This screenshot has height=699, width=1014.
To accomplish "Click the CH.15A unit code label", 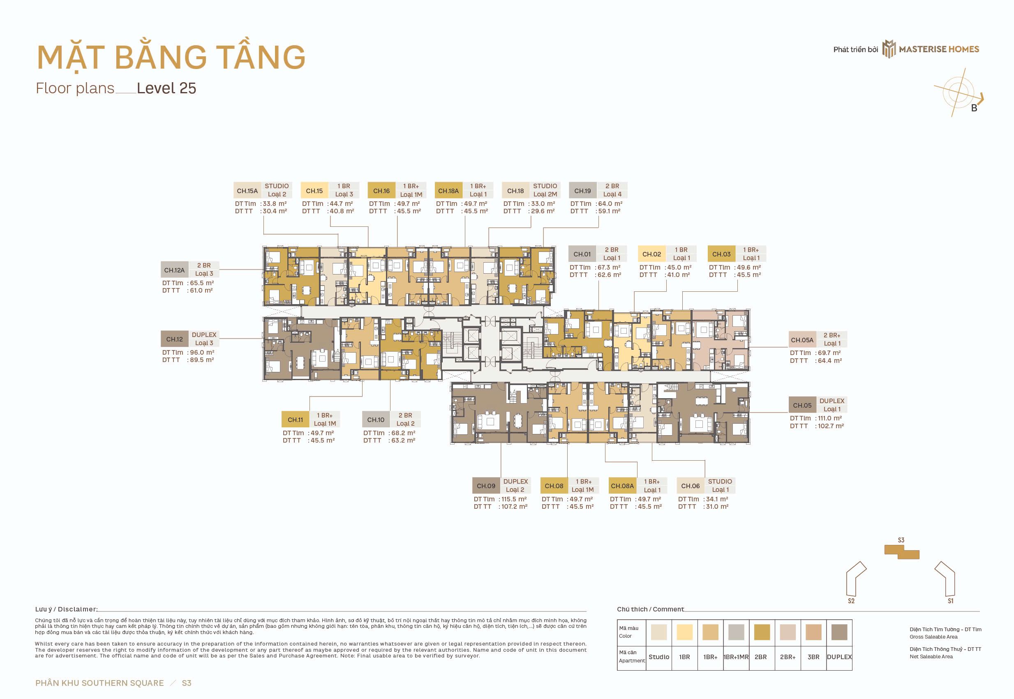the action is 247,191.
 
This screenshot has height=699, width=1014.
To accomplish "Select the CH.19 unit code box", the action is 582,191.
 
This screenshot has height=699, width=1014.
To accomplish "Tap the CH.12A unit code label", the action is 174,270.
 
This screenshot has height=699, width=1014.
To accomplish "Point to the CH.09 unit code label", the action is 486,486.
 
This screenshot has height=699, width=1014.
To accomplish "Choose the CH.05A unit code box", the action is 802,340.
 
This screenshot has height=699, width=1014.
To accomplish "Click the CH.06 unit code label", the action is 690,486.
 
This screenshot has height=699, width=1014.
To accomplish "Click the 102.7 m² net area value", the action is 830,426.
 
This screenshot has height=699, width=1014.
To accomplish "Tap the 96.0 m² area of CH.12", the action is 202,352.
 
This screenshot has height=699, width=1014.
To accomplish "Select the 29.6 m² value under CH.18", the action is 543,211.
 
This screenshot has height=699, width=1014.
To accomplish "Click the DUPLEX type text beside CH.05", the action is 832,401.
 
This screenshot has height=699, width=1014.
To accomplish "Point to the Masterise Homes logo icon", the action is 889,49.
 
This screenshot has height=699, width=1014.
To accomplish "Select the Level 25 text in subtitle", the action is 166,88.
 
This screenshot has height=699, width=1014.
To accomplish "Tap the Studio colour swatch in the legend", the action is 659,632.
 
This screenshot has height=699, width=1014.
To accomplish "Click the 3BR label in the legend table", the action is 813,657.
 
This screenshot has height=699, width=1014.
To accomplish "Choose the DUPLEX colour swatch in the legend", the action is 839,632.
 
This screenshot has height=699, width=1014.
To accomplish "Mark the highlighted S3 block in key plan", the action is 901,552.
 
